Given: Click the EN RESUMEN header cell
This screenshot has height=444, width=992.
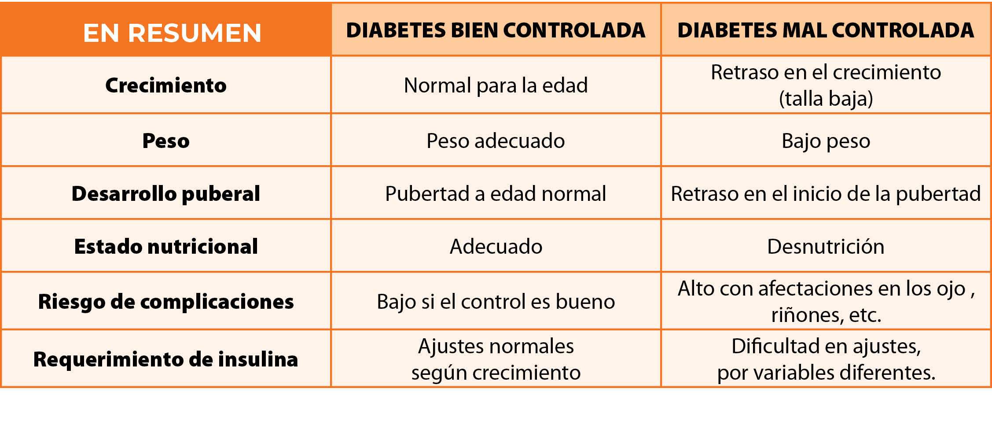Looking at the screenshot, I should click(172, 33).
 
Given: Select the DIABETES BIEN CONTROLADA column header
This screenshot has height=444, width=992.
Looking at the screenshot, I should click(496, 30).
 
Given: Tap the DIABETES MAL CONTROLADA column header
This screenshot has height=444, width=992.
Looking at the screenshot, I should click(825, 30).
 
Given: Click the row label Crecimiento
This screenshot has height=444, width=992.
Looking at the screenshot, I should click(166, 85).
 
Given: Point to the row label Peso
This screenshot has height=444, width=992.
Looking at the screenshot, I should click(166, 141).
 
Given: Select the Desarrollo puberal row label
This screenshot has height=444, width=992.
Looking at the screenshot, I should click(166, 194).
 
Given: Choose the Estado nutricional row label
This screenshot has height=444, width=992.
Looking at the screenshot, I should click(166, 247).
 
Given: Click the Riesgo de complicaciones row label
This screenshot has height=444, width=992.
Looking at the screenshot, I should click(166, 302).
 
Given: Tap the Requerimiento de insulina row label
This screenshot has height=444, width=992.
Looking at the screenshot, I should click(166, 359).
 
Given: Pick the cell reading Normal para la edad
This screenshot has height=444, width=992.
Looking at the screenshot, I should click(496, 85).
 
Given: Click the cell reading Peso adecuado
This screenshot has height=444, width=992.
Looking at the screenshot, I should click(496, 141).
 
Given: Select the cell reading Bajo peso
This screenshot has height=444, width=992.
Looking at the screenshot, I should click(826, 141).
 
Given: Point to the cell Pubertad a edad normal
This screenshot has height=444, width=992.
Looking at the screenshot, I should click(496, 194).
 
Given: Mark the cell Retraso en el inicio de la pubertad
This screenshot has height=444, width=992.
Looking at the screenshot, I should click(826, 194).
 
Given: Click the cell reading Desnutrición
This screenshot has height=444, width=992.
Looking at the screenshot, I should click(826, 247).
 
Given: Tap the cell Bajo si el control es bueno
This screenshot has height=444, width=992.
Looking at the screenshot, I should click(496, 302).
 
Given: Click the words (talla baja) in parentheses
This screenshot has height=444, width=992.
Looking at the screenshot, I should click(826, 99).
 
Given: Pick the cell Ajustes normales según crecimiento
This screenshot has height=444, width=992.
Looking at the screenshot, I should click(496, 359).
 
